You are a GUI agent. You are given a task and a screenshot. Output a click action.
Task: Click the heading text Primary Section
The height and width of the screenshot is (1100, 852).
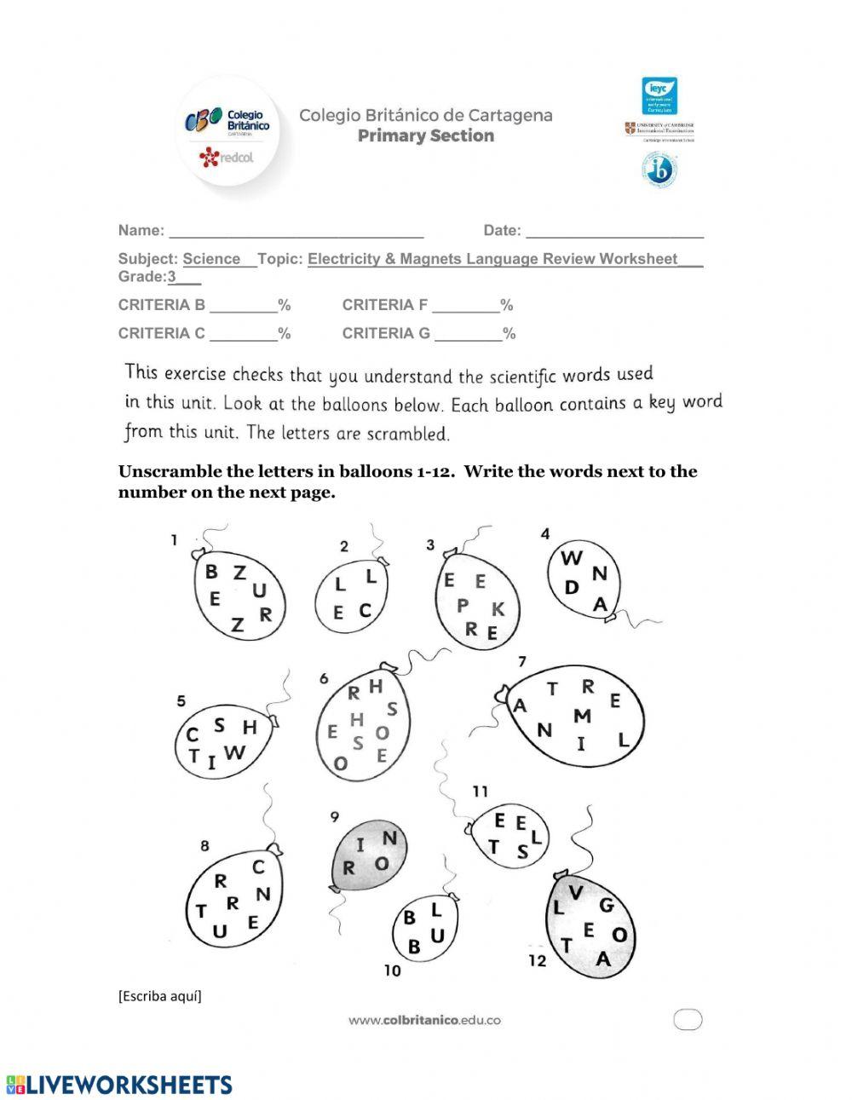(425, 135)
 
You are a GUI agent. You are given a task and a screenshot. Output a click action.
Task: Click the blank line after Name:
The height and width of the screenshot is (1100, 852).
(296, 232)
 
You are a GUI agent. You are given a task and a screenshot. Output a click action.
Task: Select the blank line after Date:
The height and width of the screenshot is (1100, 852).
(614, 232)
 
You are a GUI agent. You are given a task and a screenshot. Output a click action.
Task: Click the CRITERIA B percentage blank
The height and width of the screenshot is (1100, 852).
(243, 307)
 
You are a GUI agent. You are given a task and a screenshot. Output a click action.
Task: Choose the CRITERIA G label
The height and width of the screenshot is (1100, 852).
(386, 334)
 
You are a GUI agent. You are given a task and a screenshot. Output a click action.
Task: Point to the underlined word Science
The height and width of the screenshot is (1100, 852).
(211, 259)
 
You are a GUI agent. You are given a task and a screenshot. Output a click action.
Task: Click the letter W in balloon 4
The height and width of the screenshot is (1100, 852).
(572, 559)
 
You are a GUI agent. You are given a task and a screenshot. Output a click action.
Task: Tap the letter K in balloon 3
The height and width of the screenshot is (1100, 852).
(498, 609)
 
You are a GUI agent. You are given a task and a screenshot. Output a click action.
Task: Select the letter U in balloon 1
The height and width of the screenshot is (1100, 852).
(259, 590)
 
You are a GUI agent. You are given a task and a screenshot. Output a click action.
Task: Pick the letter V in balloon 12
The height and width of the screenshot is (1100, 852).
(576, 892)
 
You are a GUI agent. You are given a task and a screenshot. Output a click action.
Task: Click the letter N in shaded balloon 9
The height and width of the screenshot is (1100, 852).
(389, 838)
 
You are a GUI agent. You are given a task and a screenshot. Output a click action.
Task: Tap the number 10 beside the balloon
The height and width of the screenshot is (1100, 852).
(392, 970)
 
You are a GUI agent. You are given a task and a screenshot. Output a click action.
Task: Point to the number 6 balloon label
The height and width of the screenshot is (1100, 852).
(324, 678)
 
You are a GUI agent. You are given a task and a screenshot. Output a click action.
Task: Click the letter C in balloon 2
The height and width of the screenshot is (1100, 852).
(366, 610)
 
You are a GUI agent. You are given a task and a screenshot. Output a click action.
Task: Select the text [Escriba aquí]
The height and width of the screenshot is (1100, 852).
(160, 996)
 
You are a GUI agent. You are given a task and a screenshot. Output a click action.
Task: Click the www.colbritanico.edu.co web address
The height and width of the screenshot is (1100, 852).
(423, 1020)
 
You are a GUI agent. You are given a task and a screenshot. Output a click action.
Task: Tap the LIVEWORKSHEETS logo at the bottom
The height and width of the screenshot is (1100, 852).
(119, 1084)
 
